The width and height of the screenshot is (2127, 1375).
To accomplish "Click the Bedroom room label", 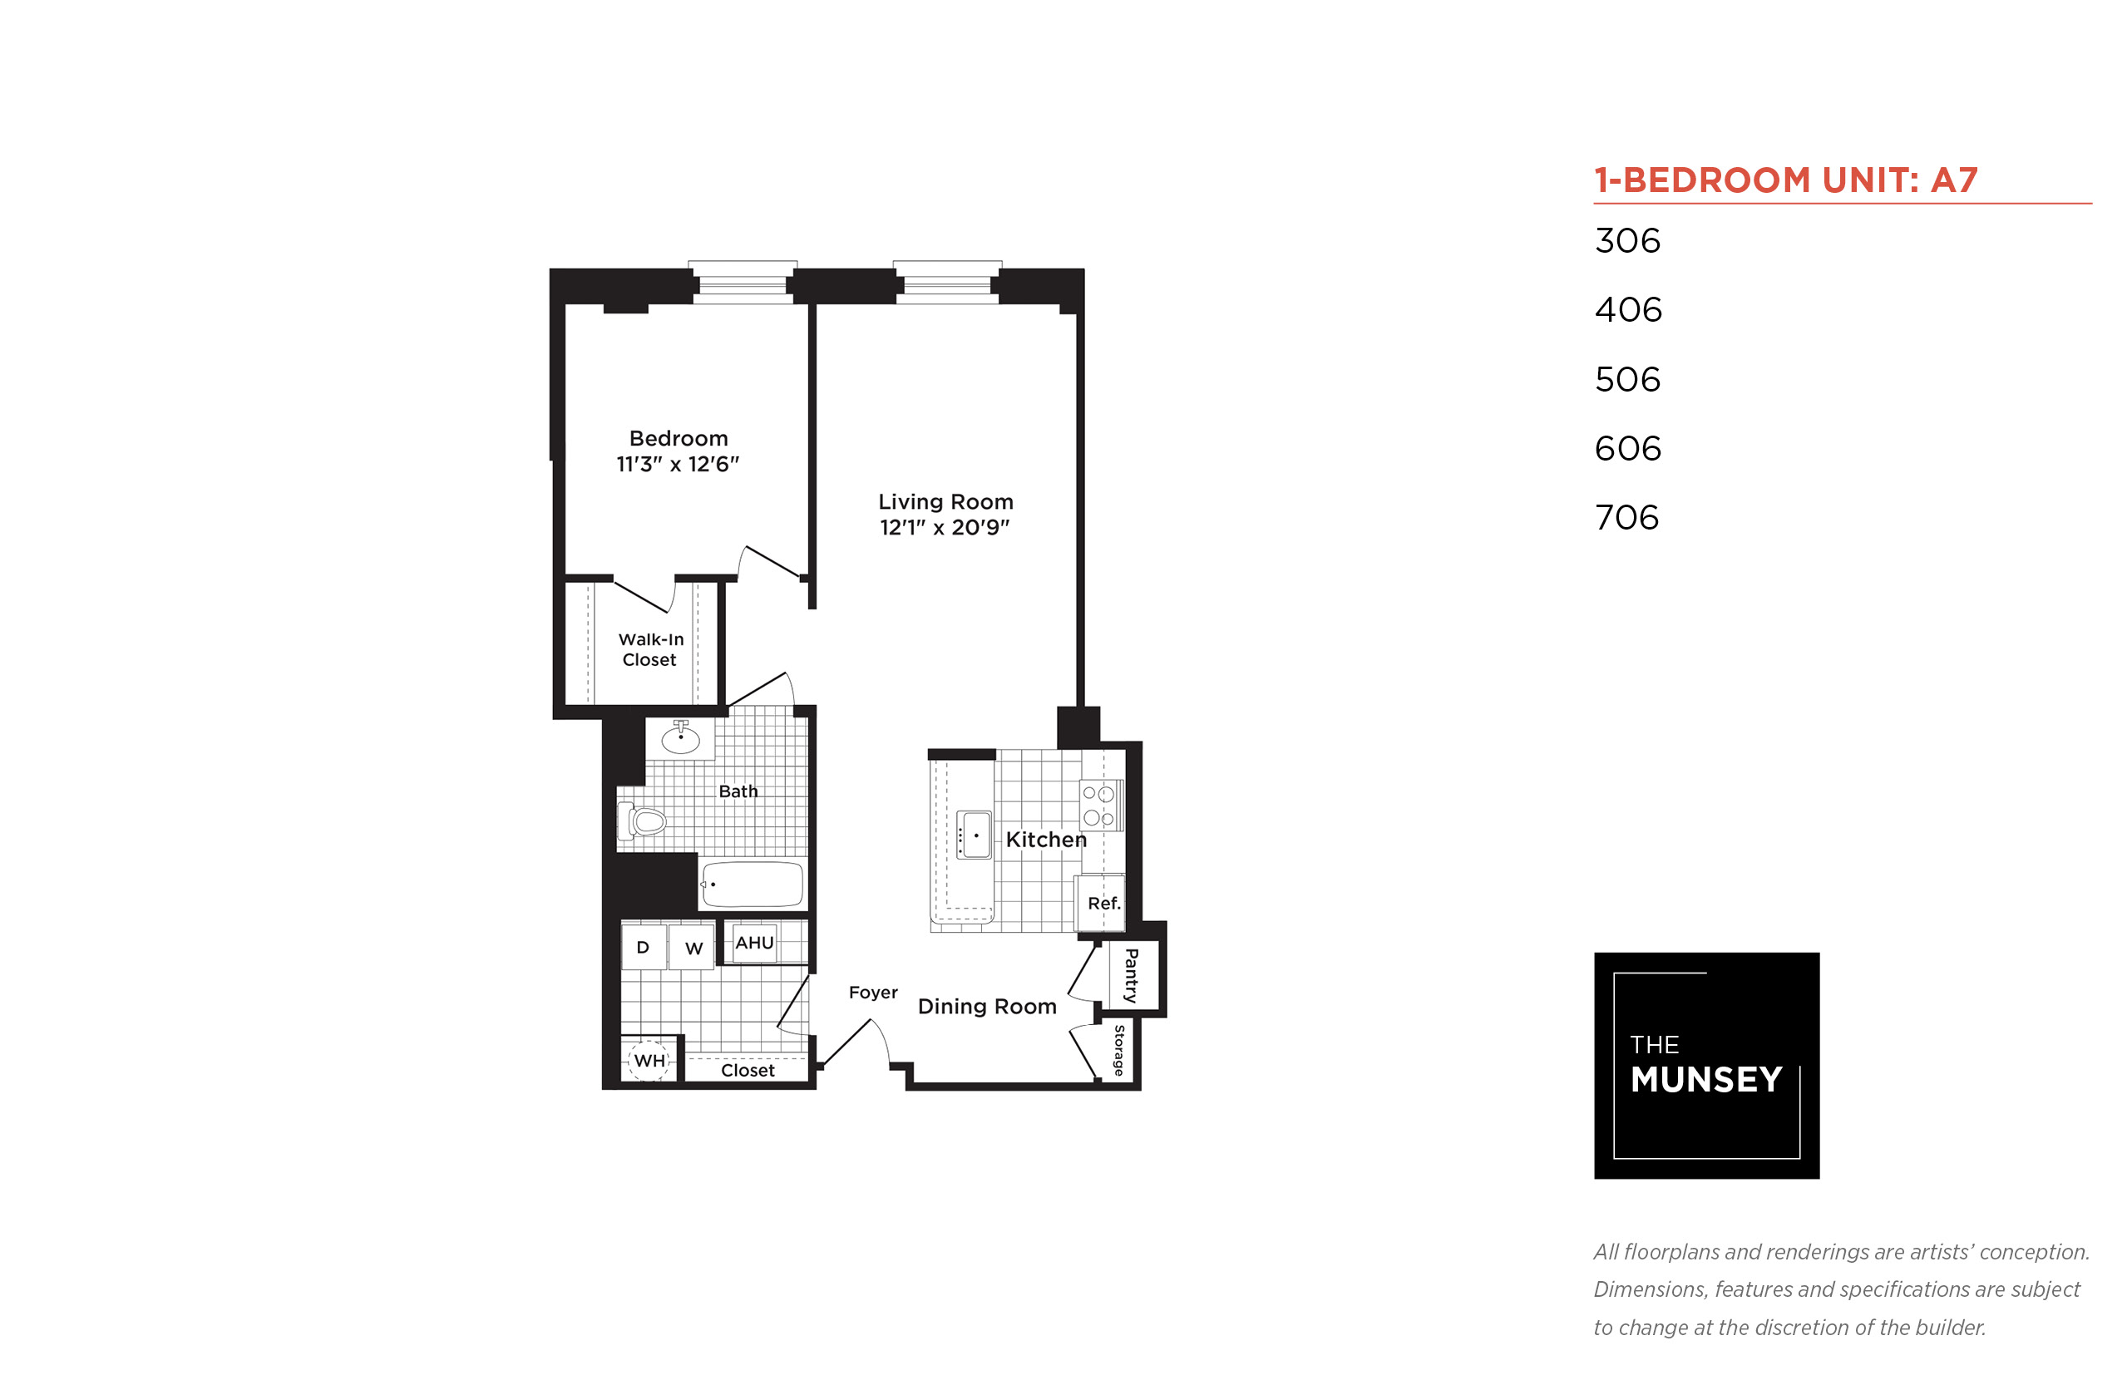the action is (678, 438).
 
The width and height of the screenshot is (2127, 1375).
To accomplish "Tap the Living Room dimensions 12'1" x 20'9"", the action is (945, 528).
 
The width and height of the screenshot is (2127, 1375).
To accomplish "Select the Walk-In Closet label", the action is (650, 649).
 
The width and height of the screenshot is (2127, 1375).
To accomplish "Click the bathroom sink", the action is (679, 737).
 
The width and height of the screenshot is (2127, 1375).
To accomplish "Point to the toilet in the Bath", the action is (641, 821).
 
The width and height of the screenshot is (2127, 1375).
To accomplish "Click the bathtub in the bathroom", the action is (752, 884).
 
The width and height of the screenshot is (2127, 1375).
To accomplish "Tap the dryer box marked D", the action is (643, 948).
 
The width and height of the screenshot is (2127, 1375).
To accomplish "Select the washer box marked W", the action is (693, 948).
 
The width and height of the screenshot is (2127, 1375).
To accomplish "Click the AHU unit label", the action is (754, 942).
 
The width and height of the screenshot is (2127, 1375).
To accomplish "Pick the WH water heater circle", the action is (649, 1060).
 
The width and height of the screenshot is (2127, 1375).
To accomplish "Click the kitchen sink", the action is (974, 835).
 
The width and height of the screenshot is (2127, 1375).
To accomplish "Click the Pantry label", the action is (1132, 976).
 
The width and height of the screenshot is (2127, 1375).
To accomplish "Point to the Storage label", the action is (1119, 1050).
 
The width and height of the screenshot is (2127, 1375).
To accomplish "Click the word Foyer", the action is (872, 993).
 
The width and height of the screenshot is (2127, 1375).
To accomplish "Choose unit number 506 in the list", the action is (1627, 379).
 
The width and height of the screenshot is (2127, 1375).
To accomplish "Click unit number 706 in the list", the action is (1627, 517).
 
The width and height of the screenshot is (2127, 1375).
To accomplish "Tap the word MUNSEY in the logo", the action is (1705, 1079).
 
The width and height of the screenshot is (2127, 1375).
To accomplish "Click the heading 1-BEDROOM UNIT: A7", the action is (1786, 180).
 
